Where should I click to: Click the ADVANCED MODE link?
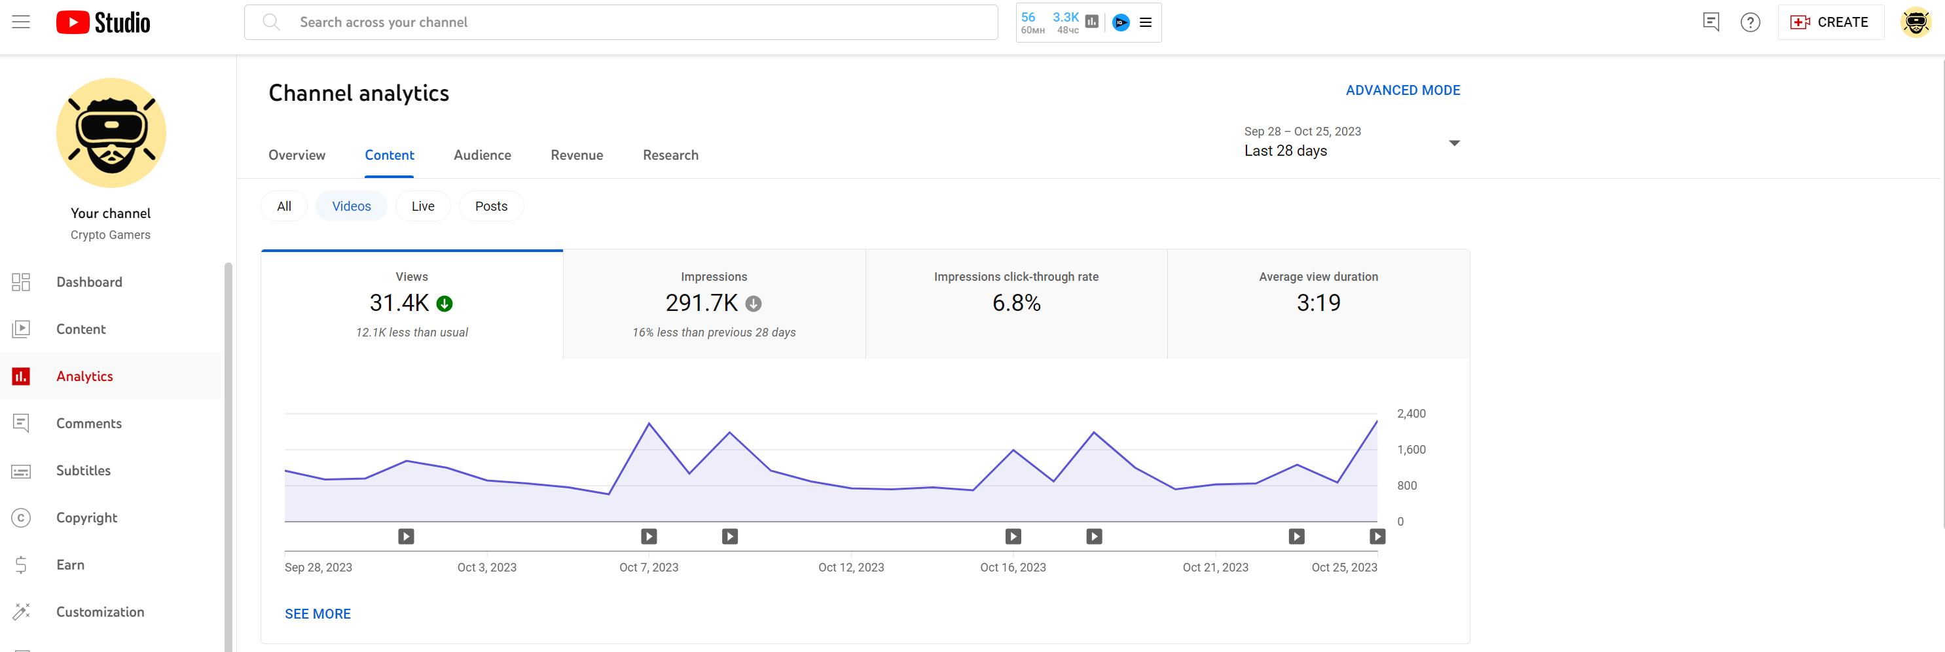[1402, 90]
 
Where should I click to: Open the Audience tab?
[482, 154]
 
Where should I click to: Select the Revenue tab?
[576, 154]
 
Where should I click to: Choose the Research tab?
[670, 154]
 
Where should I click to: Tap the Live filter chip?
[422, 206]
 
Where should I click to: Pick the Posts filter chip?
[491, 206]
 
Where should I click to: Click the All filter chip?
[284, 206]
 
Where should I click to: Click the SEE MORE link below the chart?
[317, 613]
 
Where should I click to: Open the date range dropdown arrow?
[1453, 143]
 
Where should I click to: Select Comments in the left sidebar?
[88, 424]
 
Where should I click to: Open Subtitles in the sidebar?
[83, 470]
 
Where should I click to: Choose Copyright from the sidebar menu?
[86, 518]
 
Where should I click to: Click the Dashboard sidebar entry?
[88, 282]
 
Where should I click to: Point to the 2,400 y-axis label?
[1410, 414]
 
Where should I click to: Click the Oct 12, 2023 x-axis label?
[850, 568]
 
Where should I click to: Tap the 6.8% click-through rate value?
[1015, 303]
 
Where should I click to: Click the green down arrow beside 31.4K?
[445, 303]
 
